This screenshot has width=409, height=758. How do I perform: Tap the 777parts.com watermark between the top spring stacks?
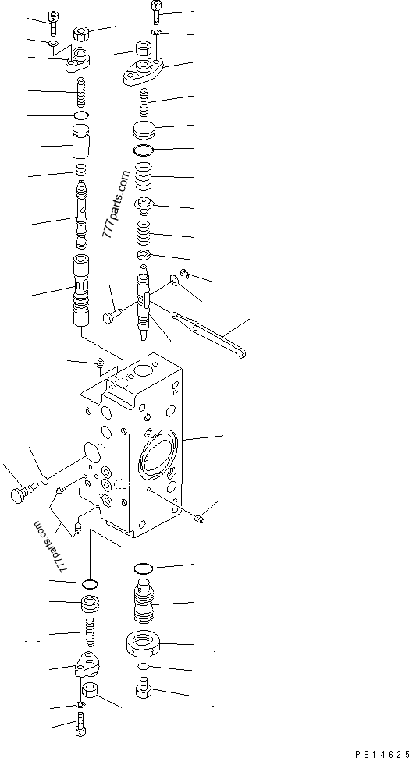tap(116, 206)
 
